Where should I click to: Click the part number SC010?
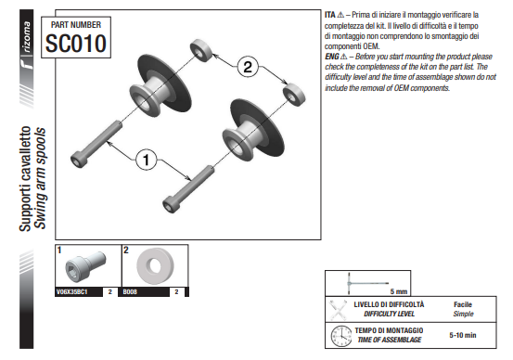pyautogui.click(x=76, y=44)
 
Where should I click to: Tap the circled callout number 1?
pyautogui.click(x=146, y=160)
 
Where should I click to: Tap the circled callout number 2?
pyautogui.click(x=248, y=67)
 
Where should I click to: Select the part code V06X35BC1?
pyautogui.click(x=72, y=291)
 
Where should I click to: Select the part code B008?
pyautogui.click(x=130, y=291)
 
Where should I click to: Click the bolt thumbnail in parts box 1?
pyautogui.click(x=85, y=266)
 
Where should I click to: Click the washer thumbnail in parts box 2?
pyautogui.click(x=155, y=265)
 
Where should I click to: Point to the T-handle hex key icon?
pyautogui.click(x=367, y=283)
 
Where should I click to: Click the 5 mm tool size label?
pyautogui.click(x=399, y=291)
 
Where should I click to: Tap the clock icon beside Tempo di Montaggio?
pyautogui.click(x=341, y=336)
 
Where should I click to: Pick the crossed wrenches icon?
pyautogui.click(x=338, y=310)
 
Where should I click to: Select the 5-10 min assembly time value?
pyautogui.click(x=463, y=335)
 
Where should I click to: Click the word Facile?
pyautogui.click(x=463, y=304)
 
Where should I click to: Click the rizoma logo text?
pyautogui.click(x=27, y=37)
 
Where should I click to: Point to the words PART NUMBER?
pyautogui.click(x=76, y=25)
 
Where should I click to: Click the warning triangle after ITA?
pyautogui.click(x=340, y=15)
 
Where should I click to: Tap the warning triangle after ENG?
pyautogui.click(x=343, y=57)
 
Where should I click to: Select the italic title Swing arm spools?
pyautogui.click(x=41, y=178)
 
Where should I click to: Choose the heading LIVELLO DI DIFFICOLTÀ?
pyautogui.click(x=389, y=304)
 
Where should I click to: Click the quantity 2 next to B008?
pyautogui.click(x=176, y=291)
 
